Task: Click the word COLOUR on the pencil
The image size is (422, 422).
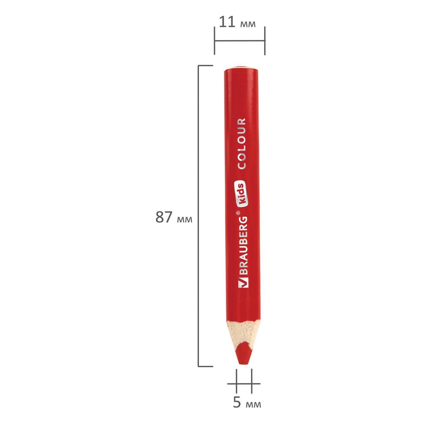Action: [242, 144]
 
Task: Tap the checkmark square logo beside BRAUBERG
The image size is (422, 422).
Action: [243, 282]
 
